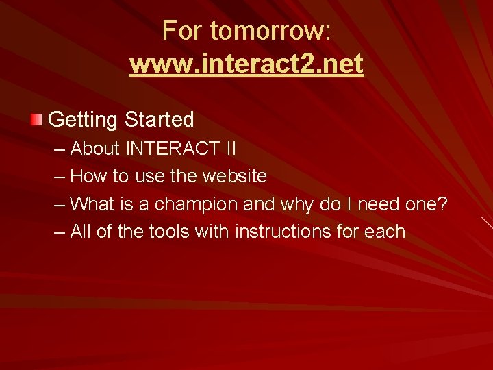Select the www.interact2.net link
(x=246, y=64)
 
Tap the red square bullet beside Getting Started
(x=36, y=121)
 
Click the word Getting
(x=84, y=121)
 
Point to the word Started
(x=160, y=120)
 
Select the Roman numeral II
(x=229, y=148)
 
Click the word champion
(x=197, y=204)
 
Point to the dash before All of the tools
(x=59, y=232)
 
